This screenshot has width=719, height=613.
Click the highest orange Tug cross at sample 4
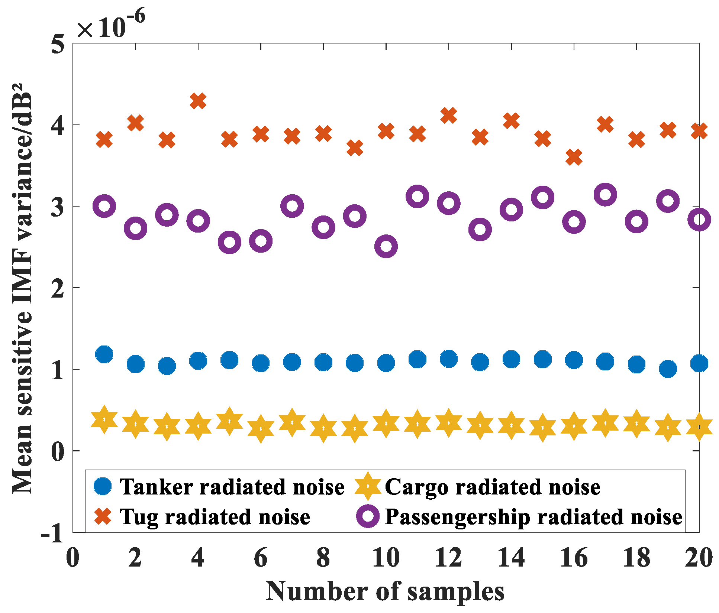point(198,101)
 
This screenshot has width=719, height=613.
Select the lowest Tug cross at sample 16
point(574,157)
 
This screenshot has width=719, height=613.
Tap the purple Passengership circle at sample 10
point(386,246)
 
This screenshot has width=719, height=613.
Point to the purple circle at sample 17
point(605,194)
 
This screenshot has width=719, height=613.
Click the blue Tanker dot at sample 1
point(104,354)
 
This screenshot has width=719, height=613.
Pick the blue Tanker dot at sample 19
point(668,369)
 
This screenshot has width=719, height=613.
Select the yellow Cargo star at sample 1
point(104,419)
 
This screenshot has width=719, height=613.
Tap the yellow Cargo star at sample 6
point(261,429)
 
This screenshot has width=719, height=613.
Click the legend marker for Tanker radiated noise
point(103,486)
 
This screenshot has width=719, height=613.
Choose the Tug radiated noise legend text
point(215,517)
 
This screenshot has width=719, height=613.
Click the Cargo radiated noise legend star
point(368,486)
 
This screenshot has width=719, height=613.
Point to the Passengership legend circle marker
point(368,516)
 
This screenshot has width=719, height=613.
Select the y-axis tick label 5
point(58,45)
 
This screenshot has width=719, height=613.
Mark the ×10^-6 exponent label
point(111,25)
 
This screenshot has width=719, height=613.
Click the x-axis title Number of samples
point(385,591)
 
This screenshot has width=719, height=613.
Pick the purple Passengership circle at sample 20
point(699,220)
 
